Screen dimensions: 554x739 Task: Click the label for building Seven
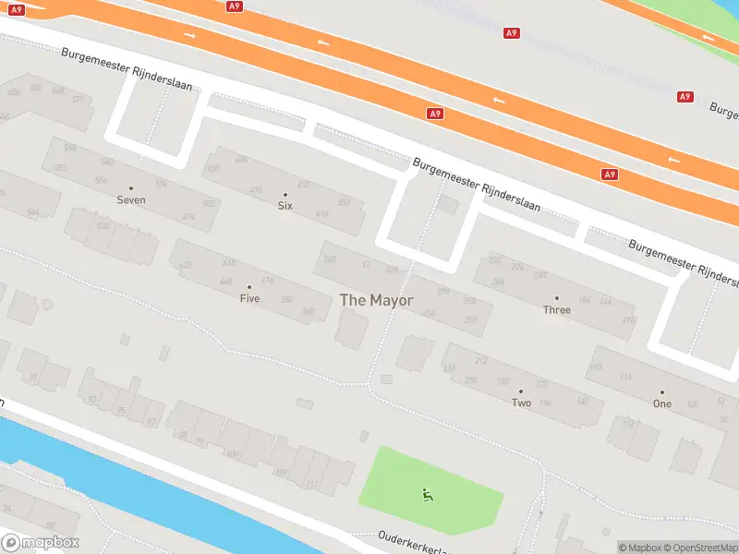click(131, 199)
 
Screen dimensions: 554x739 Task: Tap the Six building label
click(285, 206)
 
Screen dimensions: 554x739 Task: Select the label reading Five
click(249, 298)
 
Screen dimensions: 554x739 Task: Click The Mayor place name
click(377, 300)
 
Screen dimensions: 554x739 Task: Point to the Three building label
click(556, 309)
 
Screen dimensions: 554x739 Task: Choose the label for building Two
click(521, 403)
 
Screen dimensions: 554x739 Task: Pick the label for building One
click(661, 403)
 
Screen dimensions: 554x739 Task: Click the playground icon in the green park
click(427, 495)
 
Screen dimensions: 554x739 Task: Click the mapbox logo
click(41, 543)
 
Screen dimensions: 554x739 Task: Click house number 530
click(103, 226)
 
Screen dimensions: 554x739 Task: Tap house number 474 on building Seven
click(188, 217)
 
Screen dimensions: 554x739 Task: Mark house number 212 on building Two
click(480, 359)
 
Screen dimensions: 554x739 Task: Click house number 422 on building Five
click(186, 265)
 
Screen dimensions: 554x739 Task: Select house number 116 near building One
click(625, 377)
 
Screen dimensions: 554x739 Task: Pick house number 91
click(34, 378)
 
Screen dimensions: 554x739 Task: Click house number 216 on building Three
click(629, 320)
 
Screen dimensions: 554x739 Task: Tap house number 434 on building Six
click(242, 160)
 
